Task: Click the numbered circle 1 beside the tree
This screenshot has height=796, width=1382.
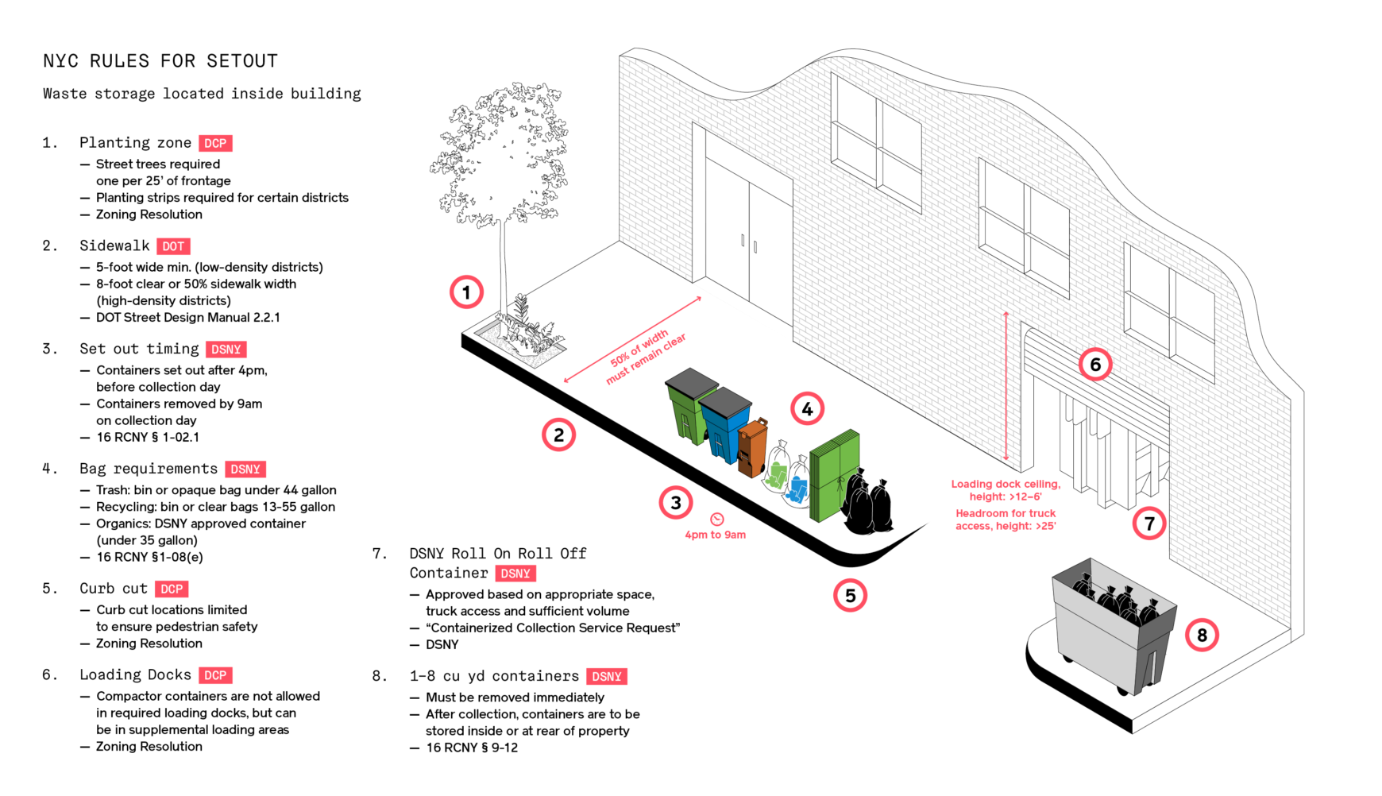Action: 466,292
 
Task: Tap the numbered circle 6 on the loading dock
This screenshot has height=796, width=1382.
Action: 1095,365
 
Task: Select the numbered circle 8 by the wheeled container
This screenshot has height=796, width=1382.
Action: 1202,635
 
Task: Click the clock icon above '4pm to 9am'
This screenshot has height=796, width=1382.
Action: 716,519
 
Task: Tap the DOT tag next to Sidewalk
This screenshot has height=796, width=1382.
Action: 173,246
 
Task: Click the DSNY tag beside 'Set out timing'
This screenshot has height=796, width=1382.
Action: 226,350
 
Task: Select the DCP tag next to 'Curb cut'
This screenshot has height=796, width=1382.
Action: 172,589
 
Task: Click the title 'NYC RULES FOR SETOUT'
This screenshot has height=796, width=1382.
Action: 160,61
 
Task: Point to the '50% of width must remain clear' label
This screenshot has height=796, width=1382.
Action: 646,357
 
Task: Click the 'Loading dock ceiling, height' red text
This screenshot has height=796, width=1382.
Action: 1006,490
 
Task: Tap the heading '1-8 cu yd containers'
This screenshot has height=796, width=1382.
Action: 494,676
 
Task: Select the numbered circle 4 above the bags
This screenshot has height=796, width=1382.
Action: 807,409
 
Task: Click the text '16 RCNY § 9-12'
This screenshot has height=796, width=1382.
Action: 472,748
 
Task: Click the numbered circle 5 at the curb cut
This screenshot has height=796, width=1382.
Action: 850,596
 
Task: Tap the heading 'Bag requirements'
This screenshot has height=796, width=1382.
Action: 149,469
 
